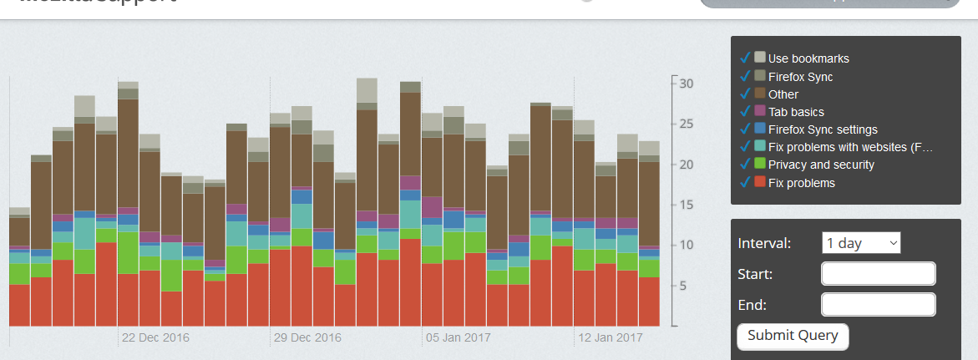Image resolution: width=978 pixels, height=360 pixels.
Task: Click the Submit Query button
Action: [793, 336]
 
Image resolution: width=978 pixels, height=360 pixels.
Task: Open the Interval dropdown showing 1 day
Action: [861, 243]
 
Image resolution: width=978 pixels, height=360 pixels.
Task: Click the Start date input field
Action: [878, 274]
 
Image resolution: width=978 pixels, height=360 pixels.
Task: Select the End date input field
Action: [878, 304]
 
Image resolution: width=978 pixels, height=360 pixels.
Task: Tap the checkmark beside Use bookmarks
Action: [744, 58]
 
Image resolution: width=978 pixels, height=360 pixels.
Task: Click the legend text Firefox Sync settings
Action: [823, 129]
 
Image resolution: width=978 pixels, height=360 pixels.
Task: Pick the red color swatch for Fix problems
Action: [760, 182]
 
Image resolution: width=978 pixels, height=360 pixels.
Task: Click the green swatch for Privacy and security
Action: [760, 165]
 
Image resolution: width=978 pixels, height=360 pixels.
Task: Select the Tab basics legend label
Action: [796, 112]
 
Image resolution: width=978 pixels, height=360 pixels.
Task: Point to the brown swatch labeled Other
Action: [760, 94]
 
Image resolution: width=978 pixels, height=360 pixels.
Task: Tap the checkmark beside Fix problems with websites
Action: [744, 147]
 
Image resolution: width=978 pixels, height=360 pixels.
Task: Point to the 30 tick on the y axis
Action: [686, 84]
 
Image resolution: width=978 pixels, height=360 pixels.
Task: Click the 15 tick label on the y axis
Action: [686, 205]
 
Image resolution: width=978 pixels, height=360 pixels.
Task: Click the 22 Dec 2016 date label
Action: [155, 338]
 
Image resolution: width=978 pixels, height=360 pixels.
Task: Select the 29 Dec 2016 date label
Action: [307, 338]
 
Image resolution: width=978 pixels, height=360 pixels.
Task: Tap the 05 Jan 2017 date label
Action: [459, 338]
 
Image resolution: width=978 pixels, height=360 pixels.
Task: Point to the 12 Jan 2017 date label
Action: [611, 338]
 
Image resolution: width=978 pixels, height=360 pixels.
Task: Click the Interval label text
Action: [765, 244]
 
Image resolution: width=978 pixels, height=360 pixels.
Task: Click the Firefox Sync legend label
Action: [800, 77]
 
